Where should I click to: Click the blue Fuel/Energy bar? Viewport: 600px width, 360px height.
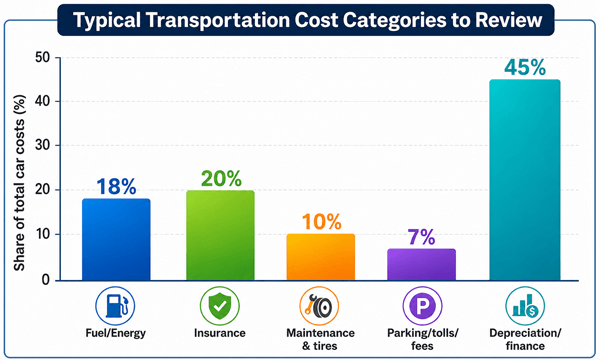pyautogui.click(x=116, y=239)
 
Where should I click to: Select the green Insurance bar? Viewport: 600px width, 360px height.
pyautogui.click(x=220, y=235)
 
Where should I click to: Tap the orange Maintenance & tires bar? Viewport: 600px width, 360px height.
pyautogui.click(x=321, y=257)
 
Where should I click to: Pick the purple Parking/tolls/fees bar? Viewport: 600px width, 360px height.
pyautogui.click(x=421, y=265)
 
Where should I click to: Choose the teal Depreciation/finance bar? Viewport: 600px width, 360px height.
pyautogui.click(x=525, y=180)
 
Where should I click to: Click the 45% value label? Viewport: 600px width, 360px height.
pyautogui.click(x=525, y=68)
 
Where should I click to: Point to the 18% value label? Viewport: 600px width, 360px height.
pyautogui.click(x=116, y=187)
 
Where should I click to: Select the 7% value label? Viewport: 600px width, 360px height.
pyautogui.click(x=421, y=237)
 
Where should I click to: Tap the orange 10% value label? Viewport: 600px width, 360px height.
pyautogui.click(x=321, y=222)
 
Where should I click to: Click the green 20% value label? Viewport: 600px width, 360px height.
pyautogui.click(x=221, y=179)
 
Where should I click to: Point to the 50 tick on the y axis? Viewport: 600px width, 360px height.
pyautogui.click(x=42, y=58)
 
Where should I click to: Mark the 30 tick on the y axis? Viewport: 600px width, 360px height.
pyautogui.click(x=42, y=145)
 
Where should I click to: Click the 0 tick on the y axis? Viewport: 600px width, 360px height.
pyautogui.click(x=46, y=280)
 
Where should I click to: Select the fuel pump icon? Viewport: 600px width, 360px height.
pyautogui.click(x=115, y=306)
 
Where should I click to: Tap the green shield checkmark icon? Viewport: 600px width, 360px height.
pyautogui.click(x=220, y=306)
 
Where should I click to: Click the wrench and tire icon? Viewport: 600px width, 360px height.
pyautogui.click(x=319, y=306)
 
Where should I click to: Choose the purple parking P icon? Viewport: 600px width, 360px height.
pyautogui.click(x=422, y=306)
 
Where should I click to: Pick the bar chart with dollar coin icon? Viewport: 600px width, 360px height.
pyautogui.click(x=525, y=306)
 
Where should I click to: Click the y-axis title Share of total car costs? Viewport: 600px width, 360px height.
pyautogui.click(x=19, y=183)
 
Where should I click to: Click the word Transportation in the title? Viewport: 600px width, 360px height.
pyautogui.click(x=218, y=20)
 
